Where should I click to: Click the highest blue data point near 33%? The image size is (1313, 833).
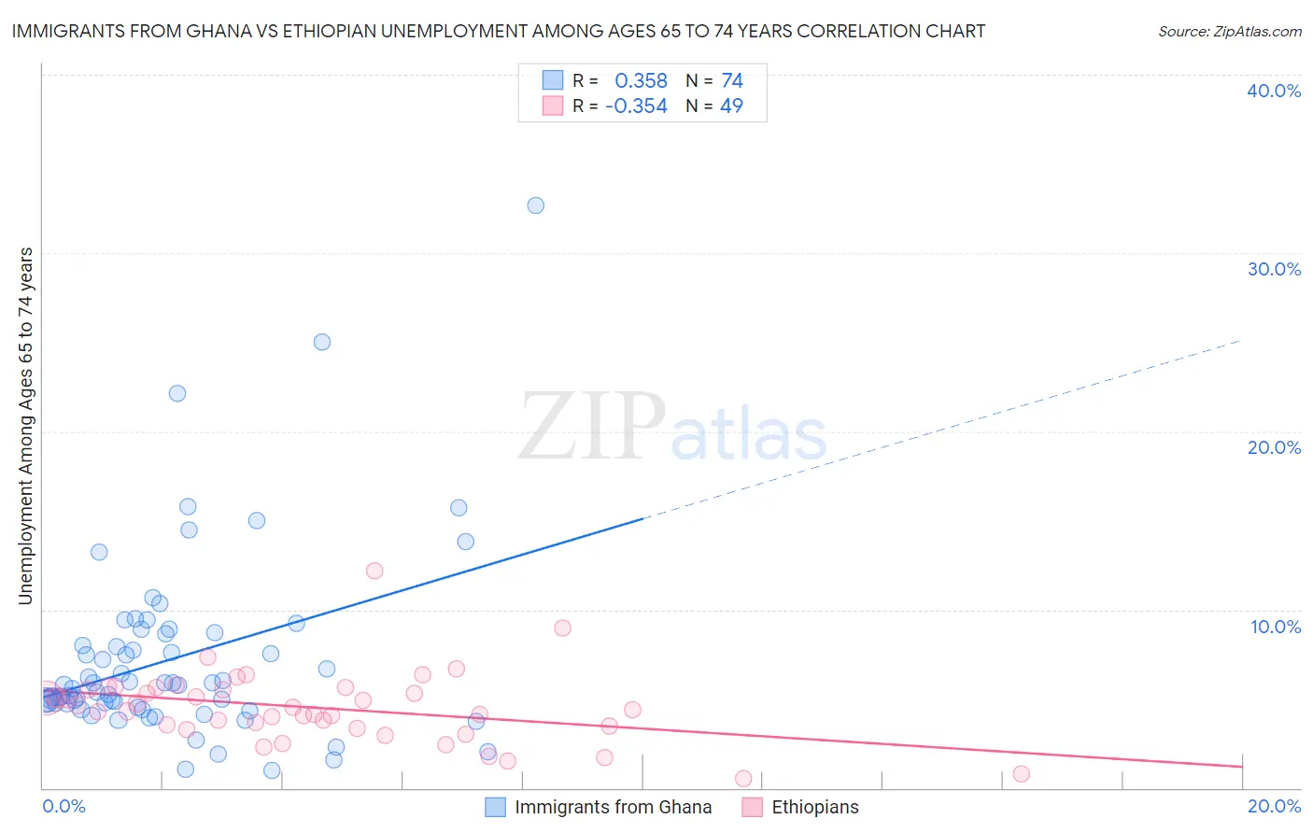coord(535,205)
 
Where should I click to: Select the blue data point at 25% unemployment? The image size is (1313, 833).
coord(322,342)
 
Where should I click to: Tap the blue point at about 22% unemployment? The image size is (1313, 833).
coord(177,393)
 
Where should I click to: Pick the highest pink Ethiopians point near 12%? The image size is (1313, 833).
coord(374,571)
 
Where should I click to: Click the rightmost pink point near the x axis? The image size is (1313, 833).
coord(1021,773)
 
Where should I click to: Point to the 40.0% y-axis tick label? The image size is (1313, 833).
coord(1274,91)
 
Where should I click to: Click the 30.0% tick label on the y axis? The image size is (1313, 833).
coord(1274,269)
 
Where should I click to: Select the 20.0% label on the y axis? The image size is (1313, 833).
coord(1274,447)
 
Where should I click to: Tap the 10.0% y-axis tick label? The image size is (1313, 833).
coord(1276,627)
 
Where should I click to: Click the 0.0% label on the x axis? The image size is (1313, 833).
coord(64,807)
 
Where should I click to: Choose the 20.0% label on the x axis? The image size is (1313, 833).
coord(1274,807)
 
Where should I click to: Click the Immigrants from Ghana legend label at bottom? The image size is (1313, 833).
coord(613,807)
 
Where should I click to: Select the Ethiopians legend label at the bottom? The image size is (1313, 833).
coord(814,807)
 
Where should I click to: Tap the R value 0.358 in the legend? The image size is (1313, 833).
coord(641,81)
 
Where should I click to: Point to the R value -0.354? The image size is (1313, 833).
coord(636,106)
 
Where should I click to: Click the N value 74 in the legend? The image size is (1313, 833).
coord(732,81)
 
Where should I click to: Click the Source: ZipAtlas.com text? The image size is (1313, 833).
coord(1229,32)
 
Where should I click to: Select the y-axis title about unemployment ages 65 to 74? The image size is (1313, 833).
coord(26,426)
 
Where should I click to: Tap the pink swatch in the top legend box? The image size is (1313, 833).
coord(553,106)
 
